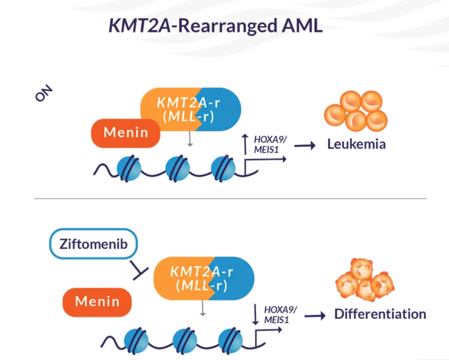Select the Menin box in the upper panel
click(x=126, y=133)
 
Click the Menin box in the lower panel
click(x=97, y=301)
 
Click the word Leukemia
click(x=356, y=144)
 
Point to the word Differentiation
click(x=380, y=314)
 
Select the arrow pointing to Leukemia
click(x=304, y=146)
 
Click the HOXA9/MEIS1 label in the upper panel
click(x=266, y=144)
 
